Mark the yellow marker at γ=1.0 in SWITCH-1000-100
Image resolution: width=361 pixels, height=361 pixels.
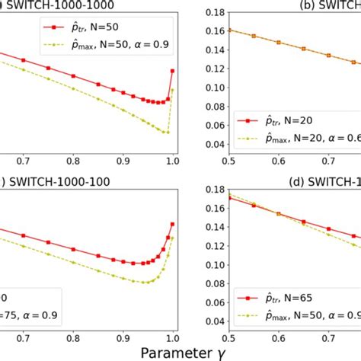pyautogui.click(x=172, y=238)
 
